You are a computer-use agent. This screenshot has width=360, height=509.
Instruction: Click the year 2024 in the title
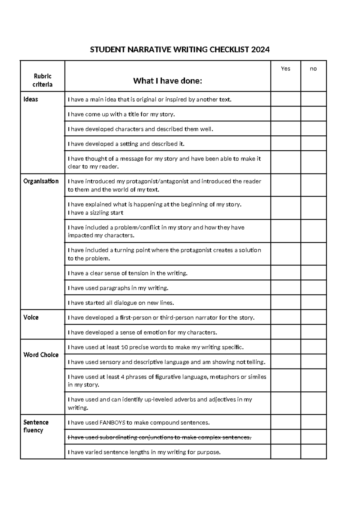click(x=260, y=50)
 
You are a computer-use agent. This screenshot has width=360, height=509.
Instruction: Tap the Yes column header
click(x=285, y=69)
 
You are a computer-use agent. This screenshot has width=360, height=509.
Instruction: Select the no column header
click(x=313, y=69)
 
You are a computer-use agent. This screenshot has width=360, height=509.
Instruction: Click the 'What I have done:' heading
click(x=167, y=81)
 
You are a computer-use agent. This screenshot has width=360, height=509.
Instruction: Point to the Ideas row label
click(x=31, y=99)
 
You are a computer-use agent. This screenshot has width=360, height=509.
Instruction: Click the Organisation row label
click(x=41, y=181)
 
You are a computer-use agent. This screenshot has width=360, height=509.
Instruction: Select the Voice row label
click(x=31, y=318)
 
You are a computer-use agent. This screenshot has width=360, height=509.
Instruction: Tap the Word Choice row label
click(x=41, y=355)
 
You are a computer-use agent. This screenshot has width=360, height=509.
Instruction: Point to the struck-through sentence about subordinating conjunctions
click(x=159, y=437)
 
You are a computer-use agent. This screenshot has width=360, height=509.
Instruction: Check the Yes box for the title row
click(x=285, y=114)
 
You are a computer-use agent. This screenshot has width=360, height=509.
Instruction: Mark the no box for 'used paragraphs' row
click(x=313, y=288)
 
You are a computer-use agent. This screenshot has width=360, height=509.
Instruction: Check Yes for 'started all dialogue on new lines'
click(x=285, y=303)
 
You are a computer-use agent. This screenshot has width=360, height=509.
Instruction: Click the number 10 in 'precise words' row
click(x=124, y=347)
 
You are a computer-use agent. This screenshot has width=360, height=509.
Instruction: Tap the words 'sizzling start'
click(x=106, y=213)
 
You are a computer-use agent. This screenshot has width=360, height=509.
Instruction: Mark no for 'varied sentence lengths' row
click(x=313, y=452)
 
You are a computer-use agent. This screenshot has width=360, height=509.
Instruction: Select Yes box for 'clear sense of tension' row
click(x=285, y=273)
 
